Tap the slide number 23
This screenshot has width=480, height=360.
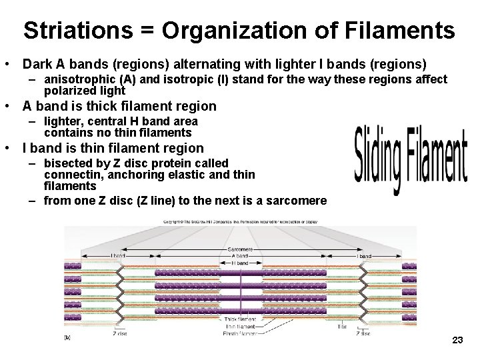(x=457, y=341)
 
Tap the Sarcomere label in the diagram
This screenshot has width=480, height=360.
(x=240, y=249)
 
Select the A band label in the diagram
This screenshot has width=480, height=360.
(x=240, y=256)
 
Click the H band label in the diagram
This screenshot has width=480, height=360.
(x=240, y=263)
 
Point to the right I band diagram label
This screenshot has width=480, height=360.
(x=364, y=256)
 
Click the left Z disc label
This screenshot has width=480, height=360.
(x=120, y=333)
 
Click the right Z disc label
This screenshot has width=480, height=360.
(x=364, y=333)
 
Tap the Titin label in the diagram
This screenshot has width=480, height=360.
(x=341, y=327)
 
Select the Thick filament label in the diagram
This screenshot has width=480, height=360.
(x=240, y=320)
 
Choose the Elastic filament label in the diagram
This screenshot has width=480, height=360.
(x=240, y=333)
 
